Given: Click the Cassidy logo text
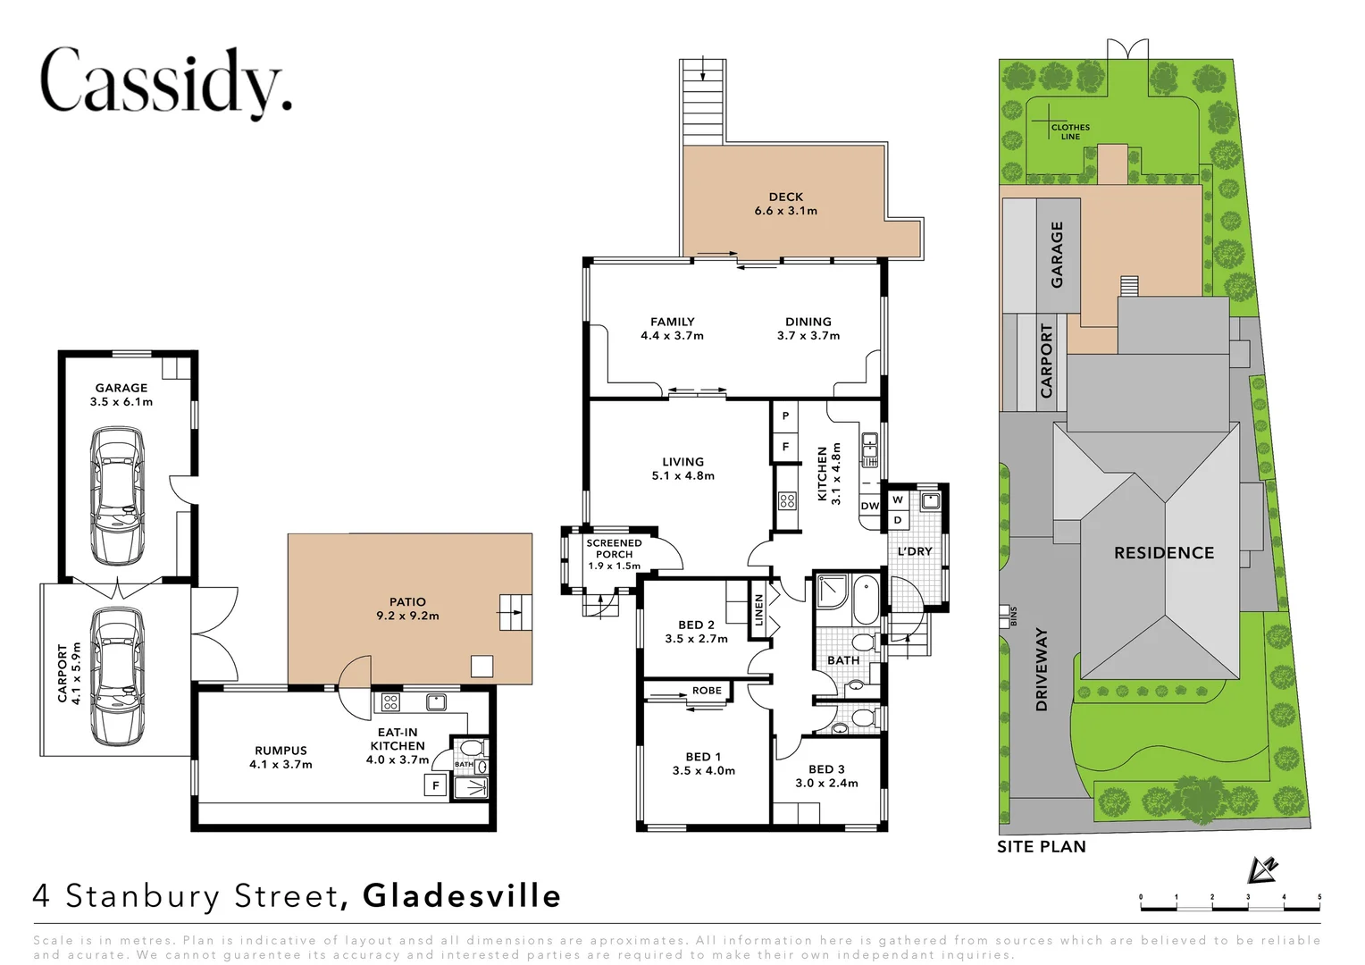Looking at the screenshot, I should point(166,83).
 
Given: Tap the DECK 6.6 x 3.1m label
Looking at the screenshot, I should point(785,204).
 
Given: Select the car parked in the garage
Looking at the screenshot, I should point(118,496).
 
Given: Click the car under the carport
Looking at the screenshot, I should point(118,676).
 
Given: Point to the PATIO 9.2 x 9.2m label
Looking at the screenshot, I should point(407,608).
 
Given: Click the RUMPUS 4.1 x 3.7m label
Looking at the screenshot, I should point(281,758).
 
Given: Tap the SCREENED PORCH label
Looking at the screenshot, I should point(614,554).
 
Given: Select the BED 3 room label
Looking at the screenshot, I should point(826,776).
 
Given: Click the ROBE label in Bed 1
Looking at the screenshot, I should point(707,691).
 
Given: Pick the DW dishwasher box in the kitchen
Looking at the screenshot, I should point(869,506).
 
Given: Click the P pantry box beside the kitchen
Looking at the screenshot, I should point(785,416).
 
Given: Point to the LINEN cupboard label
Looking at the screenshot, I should point(759,615).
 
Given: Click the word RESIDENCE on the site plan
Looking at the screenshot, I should point(1163,553).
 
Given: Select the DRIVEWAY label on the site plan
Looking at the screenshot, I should point(1041,669).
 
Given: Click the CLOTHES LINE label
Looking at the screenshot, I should point(1070,132).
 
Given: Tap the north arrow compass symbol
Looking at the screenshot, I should point(1264,868).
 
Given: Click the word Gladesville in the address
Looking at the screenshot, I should point(462,895).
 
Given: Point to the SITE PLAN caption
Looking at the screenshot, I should point(1042,846).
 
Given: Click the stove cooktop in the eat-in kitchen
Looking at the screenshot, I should point(390,702).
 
